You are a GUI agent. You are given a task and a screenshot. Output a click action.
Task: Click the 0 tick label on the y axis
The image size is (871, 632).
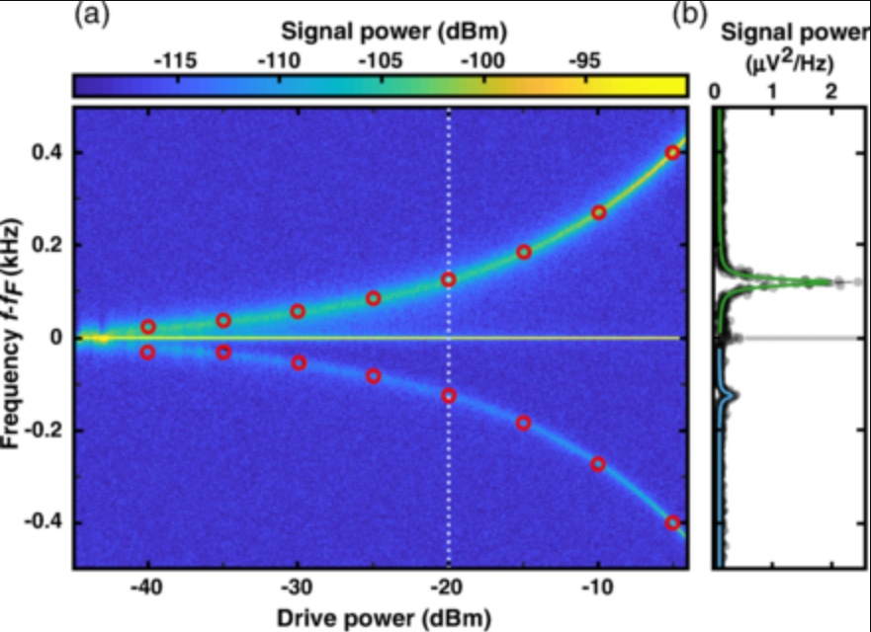pos(55,338)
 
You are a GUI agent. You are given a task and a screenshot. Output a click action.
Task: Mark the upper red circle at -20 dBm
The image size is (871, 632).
pos(449,279)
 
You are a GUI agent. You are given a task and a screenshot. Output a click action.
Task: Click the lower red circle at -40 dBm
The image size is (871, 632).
pos(148,352)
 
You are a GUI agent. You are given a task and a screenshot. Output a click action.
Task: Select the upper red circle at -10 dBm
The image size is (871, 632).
pos(598,212)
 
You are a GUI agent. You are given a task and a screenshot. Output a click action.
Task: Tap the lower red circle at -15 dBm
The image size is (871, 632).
pos(523,423)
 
